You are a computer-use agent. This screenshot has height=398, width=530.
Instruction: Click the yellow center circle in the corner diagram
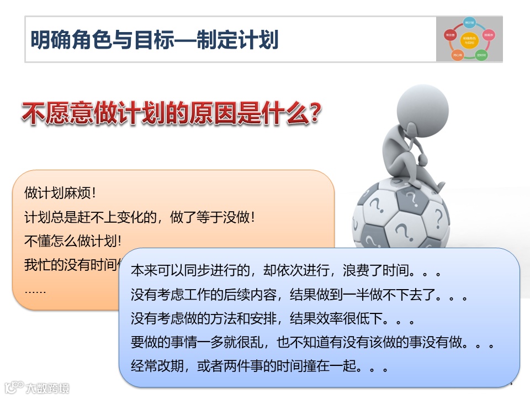(469, 40)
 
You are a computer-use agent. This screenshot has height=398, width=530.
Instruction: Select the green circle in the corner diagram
(481, 55)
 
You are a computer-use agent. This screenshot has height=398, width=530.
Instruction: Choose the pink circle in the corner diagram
(488, 34)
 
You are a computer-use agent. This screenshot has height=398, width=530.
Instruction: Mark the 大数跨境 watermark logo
(36, 387)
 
